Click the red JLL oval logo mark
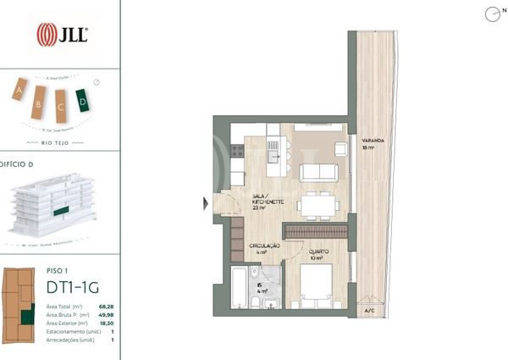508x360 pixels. pyautogui.click(x=47, y=35)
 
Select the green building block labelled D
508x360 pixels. pyautogui.click(x=83, y=101)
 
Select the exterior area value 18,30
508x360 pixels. pyautogui.click(x=105, y=324)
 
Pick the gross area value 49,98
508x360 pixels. pyautogui.click(x=105, y=314)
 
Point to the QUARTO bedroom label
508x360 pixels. pyautogui.click(x=319, y=252)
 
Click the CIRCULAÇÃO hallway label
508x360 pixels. pyautogui.click(x=263, y=246)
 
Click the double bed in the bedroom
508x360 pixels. pyautogui.click(x=314, y=289)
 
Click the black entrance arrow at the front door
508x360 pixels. pyautogui.click(x=204, y=203)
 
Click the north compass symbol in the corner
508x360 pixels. pyautogui.click(x=491, y=14)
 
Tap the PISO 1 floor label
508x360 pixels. pyautogui.click(x=58, y=271)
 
